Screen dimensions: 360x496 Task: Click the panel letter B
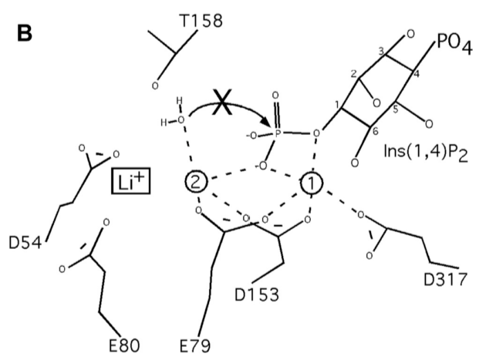point(26,35)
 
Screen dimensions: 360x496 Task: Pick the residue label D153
point(256,293)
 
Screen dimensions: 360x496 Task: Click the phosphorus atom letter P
point(278,133)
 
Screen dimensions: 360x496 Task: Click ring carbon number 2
point(358,76)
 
